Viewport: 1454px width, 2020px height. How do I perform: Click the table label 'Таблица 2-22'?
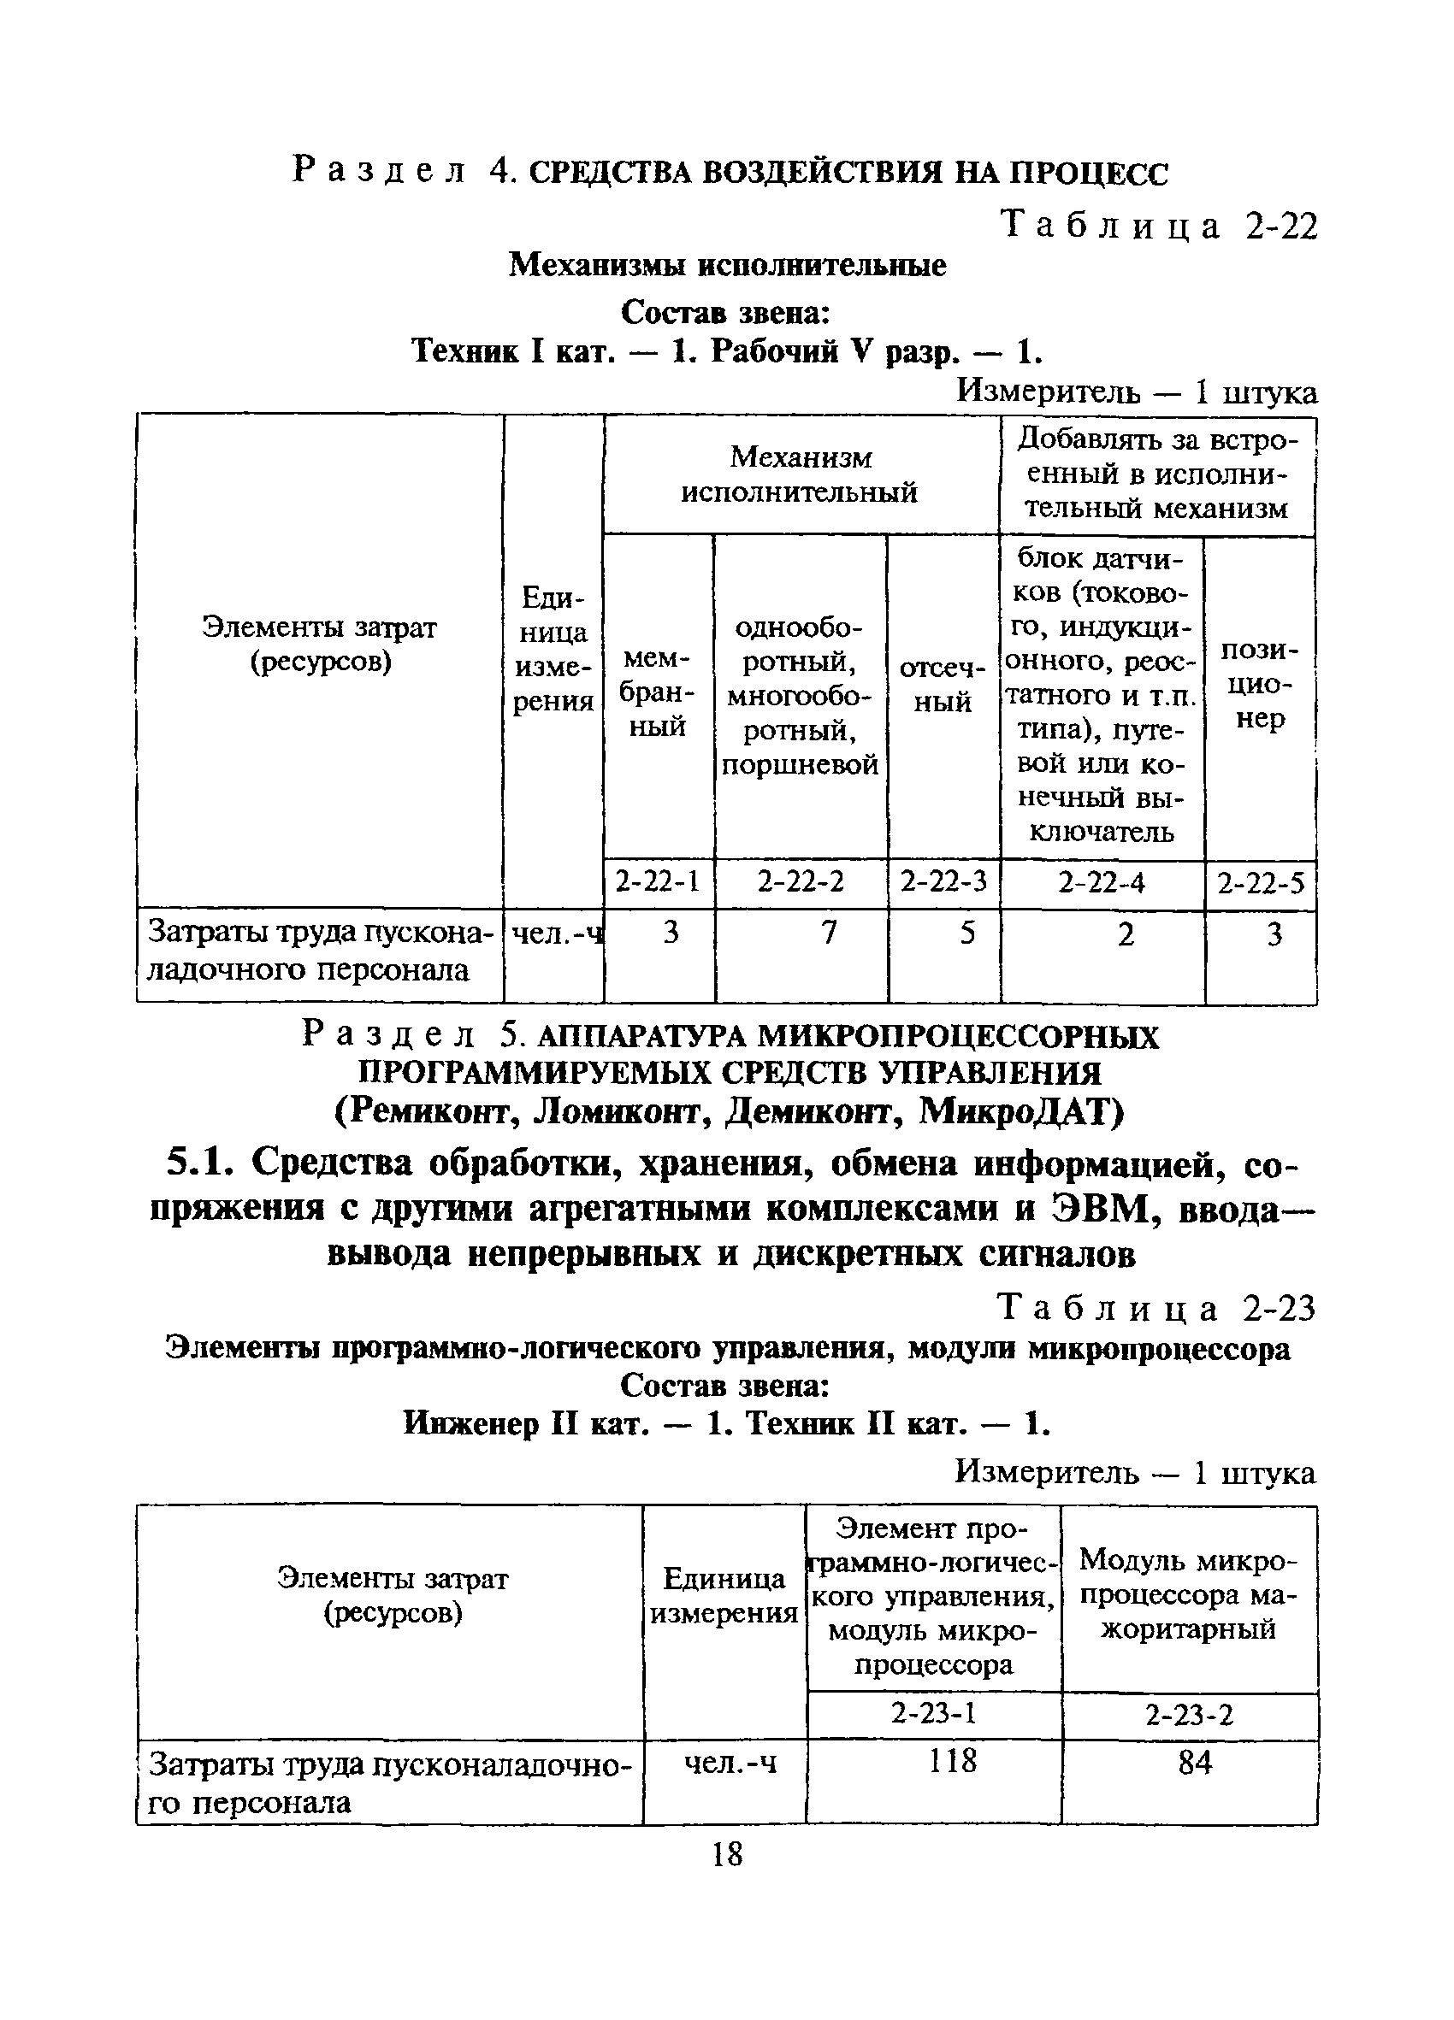[x=1157, y=227]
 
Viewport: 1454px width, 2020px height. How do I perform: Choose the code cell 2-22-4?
[x=1102, y=883]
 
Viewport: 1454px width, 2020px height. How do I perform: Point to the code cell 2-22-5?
[x=1260, y=884]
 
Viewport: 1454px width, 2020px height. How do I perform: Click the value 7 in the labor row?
[x=829, y=933]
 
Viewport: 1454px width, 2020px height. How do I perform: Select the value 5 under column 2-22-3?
[x=966, y=933]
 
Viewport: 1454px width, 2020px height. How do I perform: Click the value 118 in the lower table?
[x=953, y=1761]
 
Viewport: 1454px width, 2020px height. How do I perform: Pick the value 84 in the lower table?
[x=1195, y=1762]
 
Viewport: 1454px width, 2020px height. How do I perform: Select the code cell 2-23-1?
[x=933, y=1713]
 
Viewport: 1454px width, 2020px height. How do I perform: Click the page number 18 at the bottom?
[x=727, y=1854]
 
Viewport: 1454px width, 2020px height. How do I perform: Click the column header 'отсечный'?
[x=943, y=684]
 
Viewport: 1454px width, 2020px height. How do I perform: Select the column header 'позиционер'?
[x=1260, y=684]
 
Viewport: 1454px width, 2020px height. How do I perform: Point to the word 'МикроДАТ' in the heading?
[x=1021, y=1111]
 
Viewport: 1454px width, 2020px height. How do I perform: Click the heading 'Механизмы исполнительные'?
[x=727, y=264]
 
